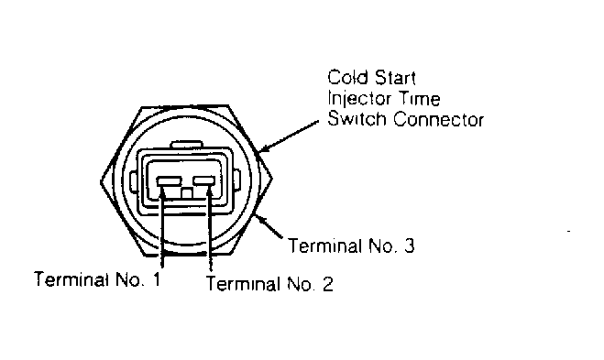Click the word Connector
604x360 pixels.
point(438,119)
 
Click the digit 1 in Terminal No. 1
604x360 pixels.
point(156,279)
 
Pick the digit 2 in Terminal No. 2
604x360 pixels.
point(327,284)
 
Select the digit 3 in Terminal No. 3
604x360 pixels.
point(409,245)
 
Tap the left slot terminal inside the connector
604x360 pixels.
point(169,181)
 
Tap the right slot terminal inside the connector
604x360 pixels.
point(204,180)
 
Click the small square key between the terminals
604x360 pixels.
point(187,193)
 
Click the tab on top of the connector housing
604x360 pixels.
point(187,145)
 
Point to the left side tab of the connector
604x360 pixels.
point(133,181)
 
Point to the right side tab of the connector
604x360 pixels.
point(236,180)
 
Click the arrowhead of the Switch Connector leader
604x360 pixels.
point(263,148)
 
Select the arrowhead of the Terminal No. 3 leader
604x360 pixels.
point(260,219)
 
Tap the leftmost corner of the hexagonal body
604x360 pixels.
point(101,181)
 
